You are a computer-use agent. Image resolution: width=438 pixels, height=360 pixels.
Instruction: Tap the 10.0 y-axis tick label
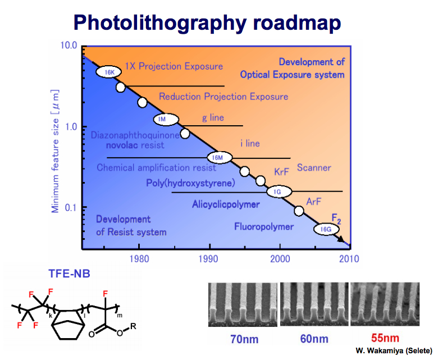[66, 45]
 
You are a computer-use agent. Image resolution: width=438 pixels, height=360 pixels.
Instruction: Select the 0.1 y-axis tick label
[70, 208]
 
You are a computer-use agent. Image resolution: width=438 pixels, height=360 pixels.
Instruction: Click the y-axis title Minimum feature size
[55, 146]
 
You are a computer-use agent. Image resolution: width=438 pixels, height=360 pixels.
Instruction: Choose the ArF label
[314, 202]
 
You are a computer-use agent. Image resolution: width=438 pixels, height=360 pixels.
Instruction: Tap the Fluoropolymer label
[263, 227]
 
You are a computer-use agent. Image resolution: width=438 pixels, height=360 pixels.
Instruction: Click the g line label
[213, 119]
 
